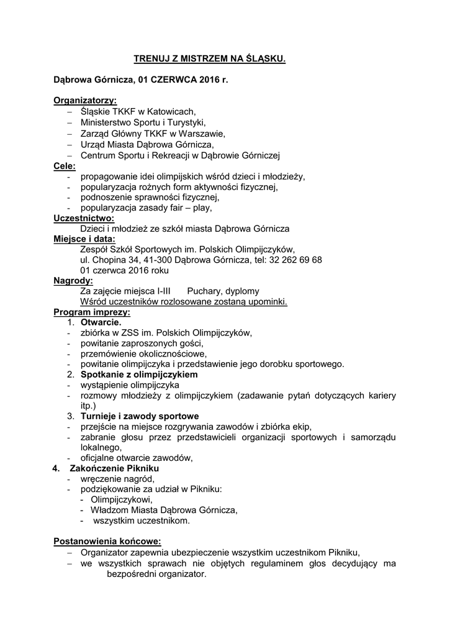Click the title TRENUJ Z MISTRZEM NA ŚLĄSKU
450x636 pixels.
coord(210,59)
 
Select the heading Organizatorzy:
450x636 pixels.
coord(85,100)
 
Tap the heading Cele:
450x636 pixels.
coord(65,166)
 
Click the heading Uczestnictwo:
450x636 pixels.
coord(84,218)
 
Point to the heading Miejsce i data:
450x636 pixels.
coord(84,239)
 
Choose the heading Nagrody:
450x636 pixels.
coord(73,281)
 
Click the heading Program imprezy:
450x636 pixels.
coord(92,312)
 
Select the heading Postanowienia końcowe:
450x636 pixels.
coord(107,541)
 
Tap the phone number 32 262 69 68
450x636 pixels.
coord(295,260)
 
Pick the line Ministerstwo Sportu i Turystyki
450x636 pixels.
coord(143,122)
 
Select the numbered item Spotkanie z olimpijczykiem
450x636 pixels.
coord(139,375)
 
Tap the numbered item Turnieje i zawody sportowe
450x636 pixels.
coord(140,416)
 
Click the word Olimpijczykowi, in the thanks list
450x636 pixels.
coord(122,499)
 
